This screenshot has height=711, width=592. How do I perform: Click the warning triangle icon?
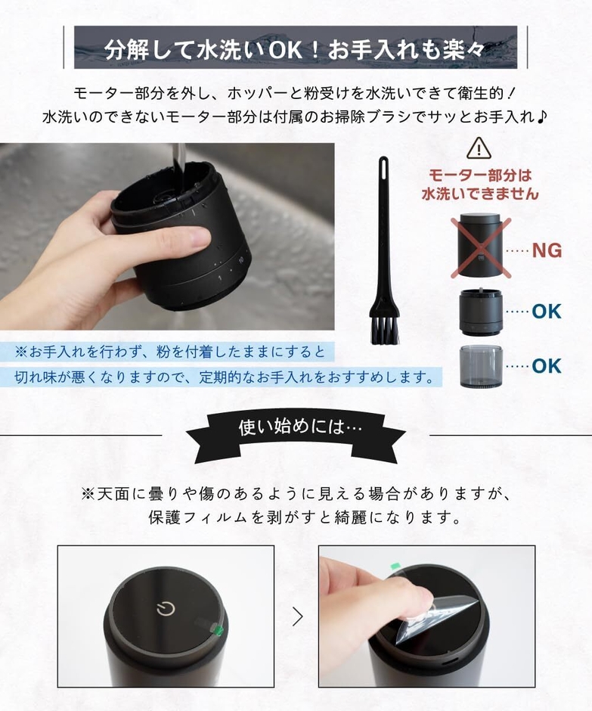click(479, 148)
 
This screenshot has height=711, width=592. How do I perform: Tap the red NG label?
click(547, 250)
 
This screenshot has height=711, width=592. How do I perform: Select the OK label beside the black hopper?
click(547, 311)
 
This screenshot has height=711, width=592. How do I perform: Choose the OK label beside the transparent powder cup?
click(547, 366)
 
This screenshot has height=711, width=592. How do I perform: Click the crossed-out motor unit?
click(481, 246)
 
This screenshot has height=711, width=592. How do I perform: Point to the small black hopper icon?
click(481, 310)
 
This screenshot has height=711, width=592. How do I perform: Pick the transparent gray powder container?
click(481, 366)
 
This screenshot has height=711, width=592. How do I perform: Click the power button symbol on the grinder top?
click(165, 608)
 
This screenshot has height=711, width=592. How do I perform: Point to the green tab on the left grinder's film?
click(219, 629)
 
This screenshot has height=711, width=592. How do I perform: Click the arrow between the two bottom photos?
click(297, 616)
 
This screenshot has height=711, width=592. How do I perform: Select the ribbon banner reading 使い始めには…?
click(296, 429)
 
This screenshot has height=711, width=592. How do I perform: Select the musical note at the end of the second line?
click(542, 118)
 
